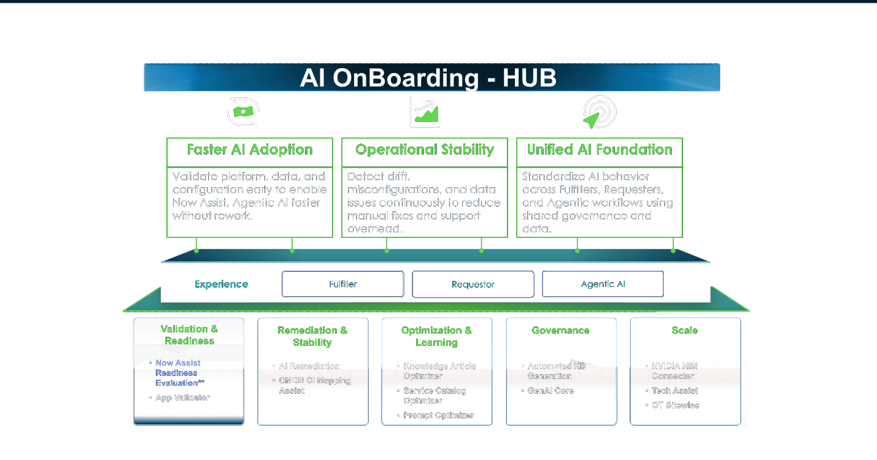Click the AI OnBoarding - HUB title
coord(428,79)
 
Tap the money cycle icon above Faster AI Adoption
coord(243,112)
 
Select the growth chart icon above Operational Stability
coord(425,112)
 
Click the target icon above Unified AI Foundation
coord(599,112)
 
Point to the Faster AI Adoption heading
coord(250,150)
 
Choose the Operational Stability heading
coord(425,150)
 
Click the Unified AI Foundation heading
coord(600,150)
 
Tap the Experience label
coord(222,284)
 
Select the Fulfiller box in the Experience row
coord(342,284)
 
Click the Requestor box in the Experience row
coord(473,284)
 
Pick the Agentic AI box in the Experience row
coord(603,284)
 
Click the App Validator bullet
coord(182,397)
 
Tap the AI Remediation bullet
coord(309,366)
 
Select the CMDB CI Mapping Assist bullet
coord(315,385)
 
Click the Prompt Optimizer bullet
coord(438,415)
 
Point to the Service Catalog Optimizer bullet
coord(435,396)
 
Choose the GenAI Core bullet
coord(551,391)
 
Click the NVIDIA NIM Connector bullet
coord(674,371)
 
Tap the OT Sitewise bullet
coord(675,405)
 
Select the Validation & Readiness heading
coord(189,334)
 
